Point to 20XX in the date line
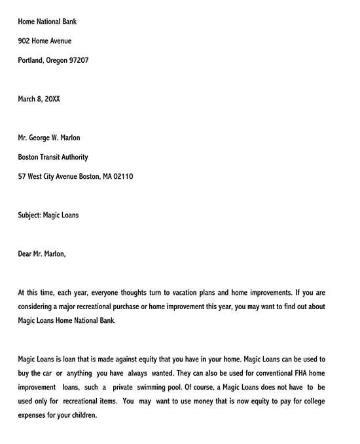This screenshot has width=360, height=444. tap(52, 99)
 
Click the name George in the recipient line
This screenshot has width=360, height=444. tap(43, 138)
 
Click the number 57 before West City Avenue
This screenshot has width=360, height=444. tap(22, 176)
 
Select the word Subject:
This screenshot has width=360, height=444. tap(29, 215)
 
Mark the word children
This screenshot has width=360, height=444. tap(82, 415)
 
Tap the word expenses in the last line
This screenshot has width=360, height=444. tap(33, 415)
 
